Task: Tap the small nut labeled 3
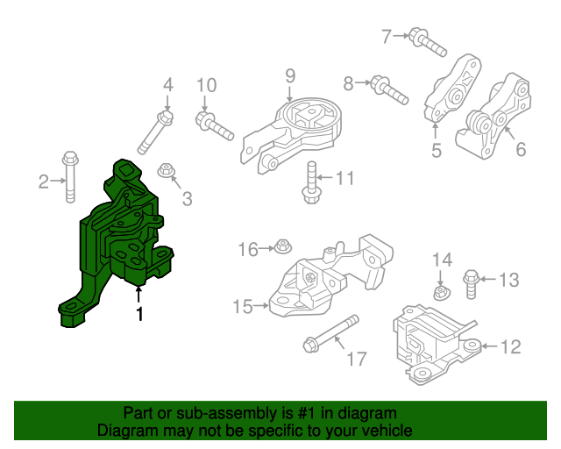[164, 170]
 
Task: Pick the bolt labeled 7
[428, 41]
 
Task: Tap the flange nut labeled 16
[282, 247]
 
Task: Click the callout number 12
[509, 347]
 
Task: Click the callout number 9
[290, 77]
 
